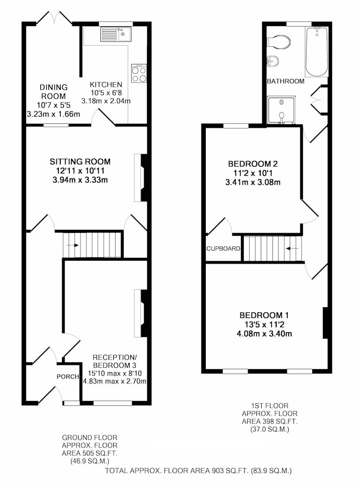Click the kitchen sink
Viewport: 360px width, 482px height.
point(116,34)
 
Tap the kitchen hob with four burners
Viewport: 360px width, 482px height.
point(139,73)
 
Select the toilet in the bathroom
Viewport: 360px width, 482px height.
point(279,41)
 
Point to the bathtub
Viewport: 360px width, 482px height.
point(317,52)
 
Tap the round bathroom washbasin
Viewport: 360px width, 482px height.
point(272,61)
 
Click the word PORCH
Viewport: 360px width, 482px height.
point(67,376)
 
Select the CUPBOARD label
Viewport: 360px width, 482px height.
point(223,248)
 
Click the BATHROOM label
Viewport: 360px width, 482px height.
point(286,81)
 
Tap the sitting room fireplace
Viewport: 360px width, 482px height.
point(141,178)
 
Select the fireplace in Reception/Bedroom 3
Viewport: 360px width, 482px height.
point(141,313)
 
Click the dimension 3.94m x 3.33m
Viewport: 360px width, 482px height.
point(80,180)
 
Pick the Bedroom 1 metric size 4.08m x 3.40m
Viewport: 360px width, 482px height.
point(264,334)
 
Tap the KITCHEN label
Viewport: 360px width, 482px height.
point(106,84)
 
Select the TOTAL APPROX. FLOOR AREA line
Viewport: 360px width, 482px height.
point(198,470)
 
